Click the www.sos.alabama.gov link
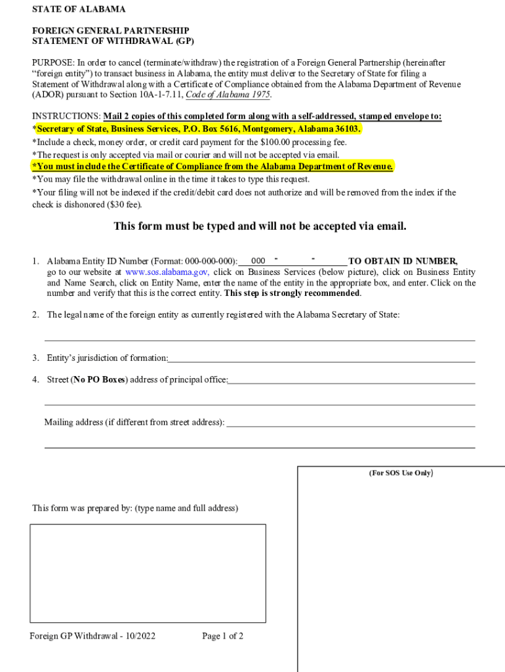(x=167, y=272)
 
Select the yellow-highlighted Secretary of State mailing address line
(x=198, y=129)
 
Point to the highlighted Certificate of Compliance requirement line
(x=213, y=167)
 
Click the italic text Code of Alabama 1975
(x=228, y=94)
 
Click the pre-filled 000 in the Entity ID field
(x=258, y=261)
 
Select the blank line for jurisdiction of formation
(x=321, y=358)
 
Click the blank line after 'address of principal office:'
(x=352, y=380)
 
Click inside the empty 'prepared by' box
(x=148, y=573)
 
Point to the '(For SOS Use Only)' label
(x=401, y=473)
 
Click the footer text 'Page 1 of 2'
(x=223, y=636)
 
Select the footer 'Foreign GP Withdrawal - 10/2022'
(x=92, y=636)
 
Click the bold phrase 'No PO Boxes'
(x=98, y=380)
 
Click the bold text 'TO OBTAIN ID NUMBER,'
(x=403, y=261)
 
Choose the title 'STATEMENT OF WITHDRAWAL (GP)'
(x=113, y=41)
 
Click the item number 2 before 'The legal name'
(x=35, y=315)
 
